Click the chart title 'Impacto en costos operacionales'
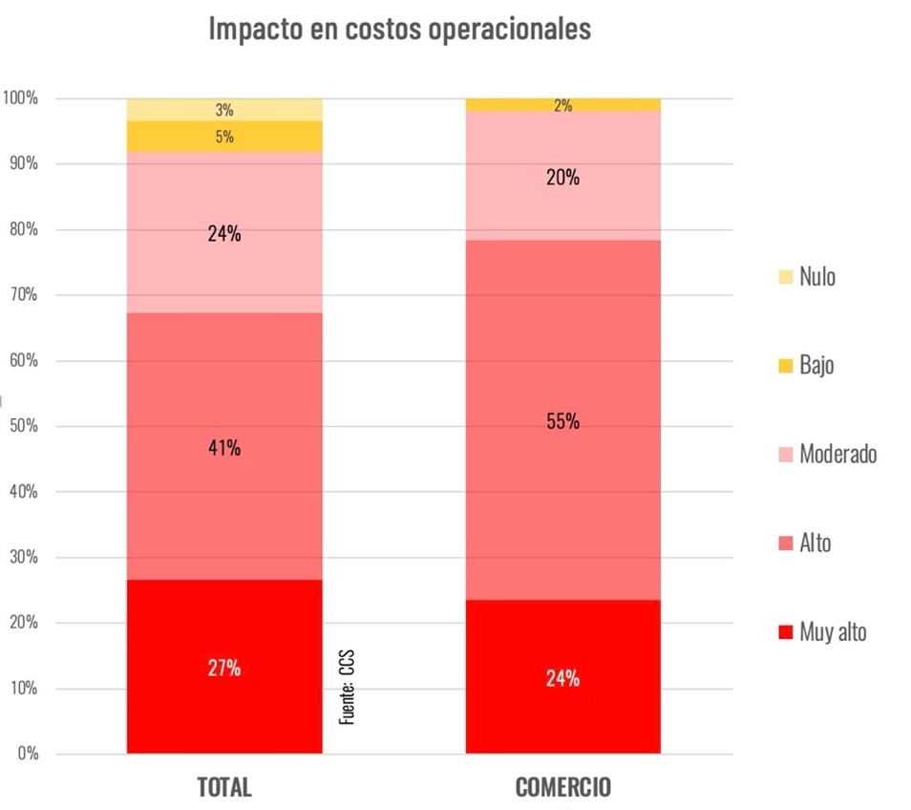coord(399,29)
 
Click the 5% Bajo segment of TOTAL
coord(224,137)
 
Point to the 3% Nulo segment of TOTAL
coord(224,109)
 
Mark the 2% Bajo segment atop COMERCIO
coord(562,105)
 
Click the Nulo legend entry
coord(807,277)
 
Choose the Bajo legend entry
coord(807,365)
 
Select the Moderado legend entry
coord(827,454)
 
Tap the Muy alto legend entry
coord(822,631)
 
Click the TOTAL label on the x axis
coord(224,787)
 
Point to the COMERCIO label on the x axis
coord(562,787)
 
